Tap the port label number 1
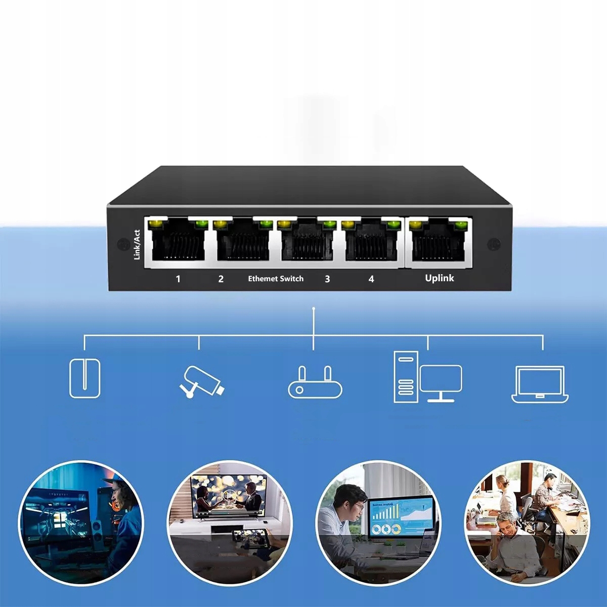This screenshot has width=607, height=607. (x=178, y=279)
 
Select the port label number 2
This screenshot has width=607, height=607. (x=221, y=279)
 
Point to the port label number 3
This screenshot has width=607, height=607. (x=327, y=279)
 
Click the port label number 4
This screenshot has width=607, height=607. (x=371, y=279)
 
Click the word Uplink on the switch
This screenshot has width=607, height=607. (x=439, y=278)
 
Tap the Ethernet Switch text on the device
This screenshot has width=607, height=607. (x=276, y=279)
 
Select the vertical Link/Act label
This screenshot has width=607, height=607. (x=137, y=245)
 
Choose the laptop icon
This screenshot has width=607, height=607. (x=540, y=384)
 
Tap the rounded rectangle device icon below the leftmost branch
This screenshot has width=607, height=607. (x=84, y=378)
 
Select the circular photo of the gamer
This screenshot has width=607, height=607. (x=81, y=523)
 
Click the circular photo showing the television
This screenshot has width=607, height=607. (x=230, y=523)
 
